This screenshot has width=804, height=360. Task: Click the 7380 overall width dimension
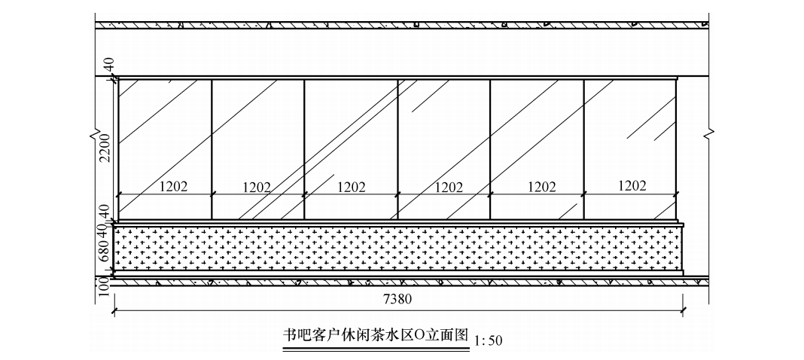point(397,299)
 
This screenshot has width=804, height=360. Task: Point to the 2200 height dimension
point(105,148)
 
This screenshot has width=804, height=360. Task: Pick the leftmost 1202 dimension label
point(173,187)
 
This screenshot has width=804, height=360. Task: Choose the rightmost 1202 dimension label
point(632,186)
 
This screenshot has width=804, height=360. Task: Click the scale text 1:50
point(488,340)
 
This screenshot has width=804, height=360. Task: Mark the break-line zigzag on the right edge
point(709,135)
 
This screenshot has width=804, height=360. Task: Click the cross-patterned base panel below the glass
point(397,248)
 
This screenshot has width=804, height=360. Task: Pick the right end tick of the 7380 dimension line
point(682,309)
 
